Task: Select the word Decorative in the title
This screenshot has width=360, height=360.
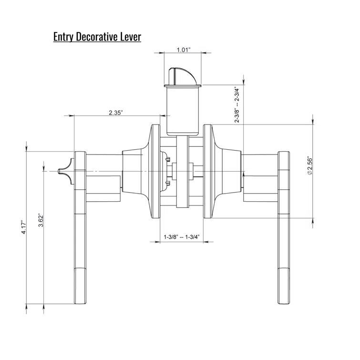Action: (98, 37)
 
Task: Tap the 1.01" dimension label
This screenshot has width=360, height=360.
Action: (184, 50)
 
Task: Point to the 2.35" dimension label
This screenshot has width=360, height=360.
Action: (116, 113)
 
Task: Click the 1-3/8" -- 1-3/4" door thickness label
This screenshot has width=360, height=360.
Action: (181, 237)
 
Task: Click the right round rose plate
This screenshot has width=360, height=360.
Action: (209, 172)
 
